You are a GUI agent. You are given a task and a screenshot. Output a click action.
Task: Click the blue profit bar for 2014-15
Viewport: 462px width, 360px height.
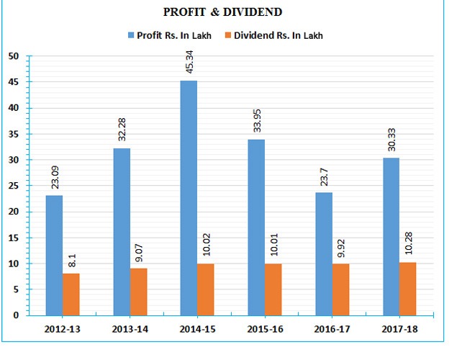point(189,198)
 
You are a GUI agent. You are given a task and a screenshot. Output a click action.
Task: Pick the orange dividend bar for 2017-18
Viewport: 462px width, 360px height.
point(407,289)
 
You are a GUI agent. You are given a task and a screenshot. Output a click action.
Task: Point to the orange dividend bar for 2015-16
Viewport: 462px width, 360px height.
point(273,289)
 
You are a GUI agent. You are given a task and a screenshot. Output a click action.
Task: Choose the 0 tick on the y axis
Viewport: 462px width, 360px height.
point(16,315)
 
